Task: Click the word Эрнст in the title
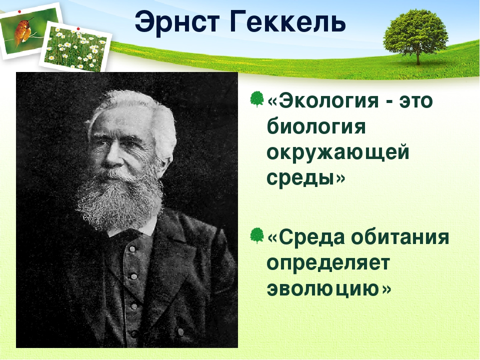177,22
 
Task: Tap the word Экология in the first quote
329,101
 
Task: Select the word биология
316,126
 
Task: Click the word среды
300,177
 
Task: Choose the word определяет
328,263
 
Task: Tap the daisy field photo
76,47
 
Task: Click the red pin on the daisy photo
78,29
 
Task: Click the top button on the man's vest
132,249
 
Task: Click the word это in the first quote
416,101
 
